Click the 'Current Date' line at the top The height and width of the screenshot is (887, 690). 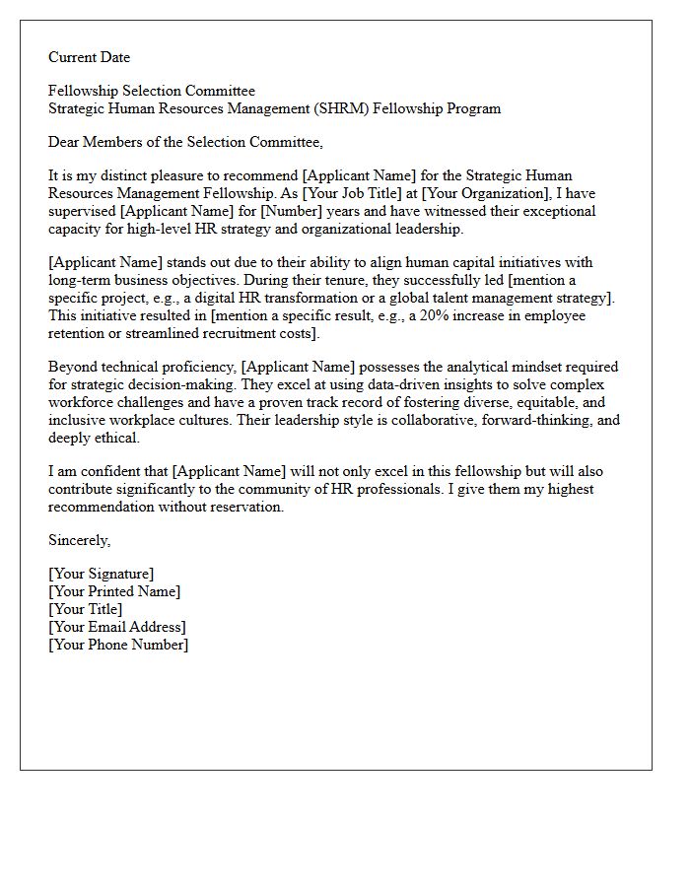tap(89, 57)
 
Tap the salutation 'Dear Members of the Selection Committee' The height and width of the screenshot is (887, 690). tap(185, 142)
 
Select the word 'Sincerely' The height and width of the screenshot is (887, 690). tap(79, 540)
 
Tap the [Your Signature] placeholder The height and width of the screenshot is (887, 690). tap(101, 574)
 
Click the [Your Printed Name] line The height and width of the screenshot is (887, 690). tap(114, 591)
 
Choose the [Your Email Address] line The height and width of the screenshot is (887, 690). tap(116, 627)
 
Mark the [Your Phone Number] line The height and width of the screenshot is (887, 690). tap(118, 645)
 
